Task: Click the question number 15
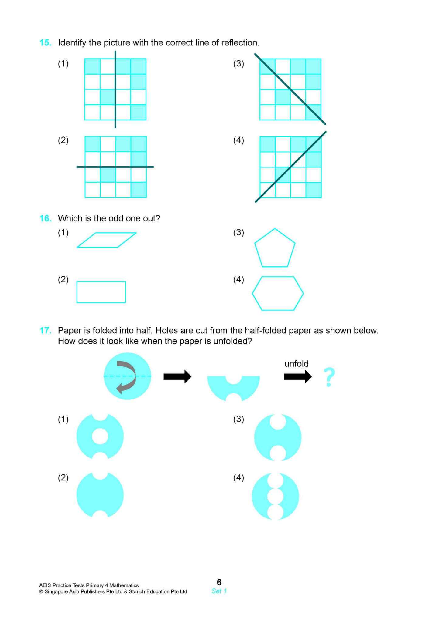tap(45, 43)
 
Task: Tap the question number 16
tap(45, 218)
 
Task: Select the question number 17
tap(45, 331)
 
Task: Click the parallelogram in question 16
tap(106, 240)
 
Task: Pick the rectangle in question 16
tap(101, 292)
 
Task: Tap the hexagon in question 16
tap(278, 293)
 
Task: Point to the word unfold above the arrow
tap(296, 364)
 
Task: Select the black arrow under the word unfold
tap(297, 377)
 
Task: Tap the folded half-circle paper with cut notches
tap(233, 390)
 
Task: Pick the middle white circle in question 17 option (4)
tap(275, 497)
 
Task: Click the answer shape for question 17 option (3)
tap(278, 438)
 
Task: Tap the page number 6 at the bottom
tap(219, 582)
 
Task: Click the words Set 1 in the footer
tap(219, 591)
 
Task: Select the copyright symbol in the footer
tap(41, 591)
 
